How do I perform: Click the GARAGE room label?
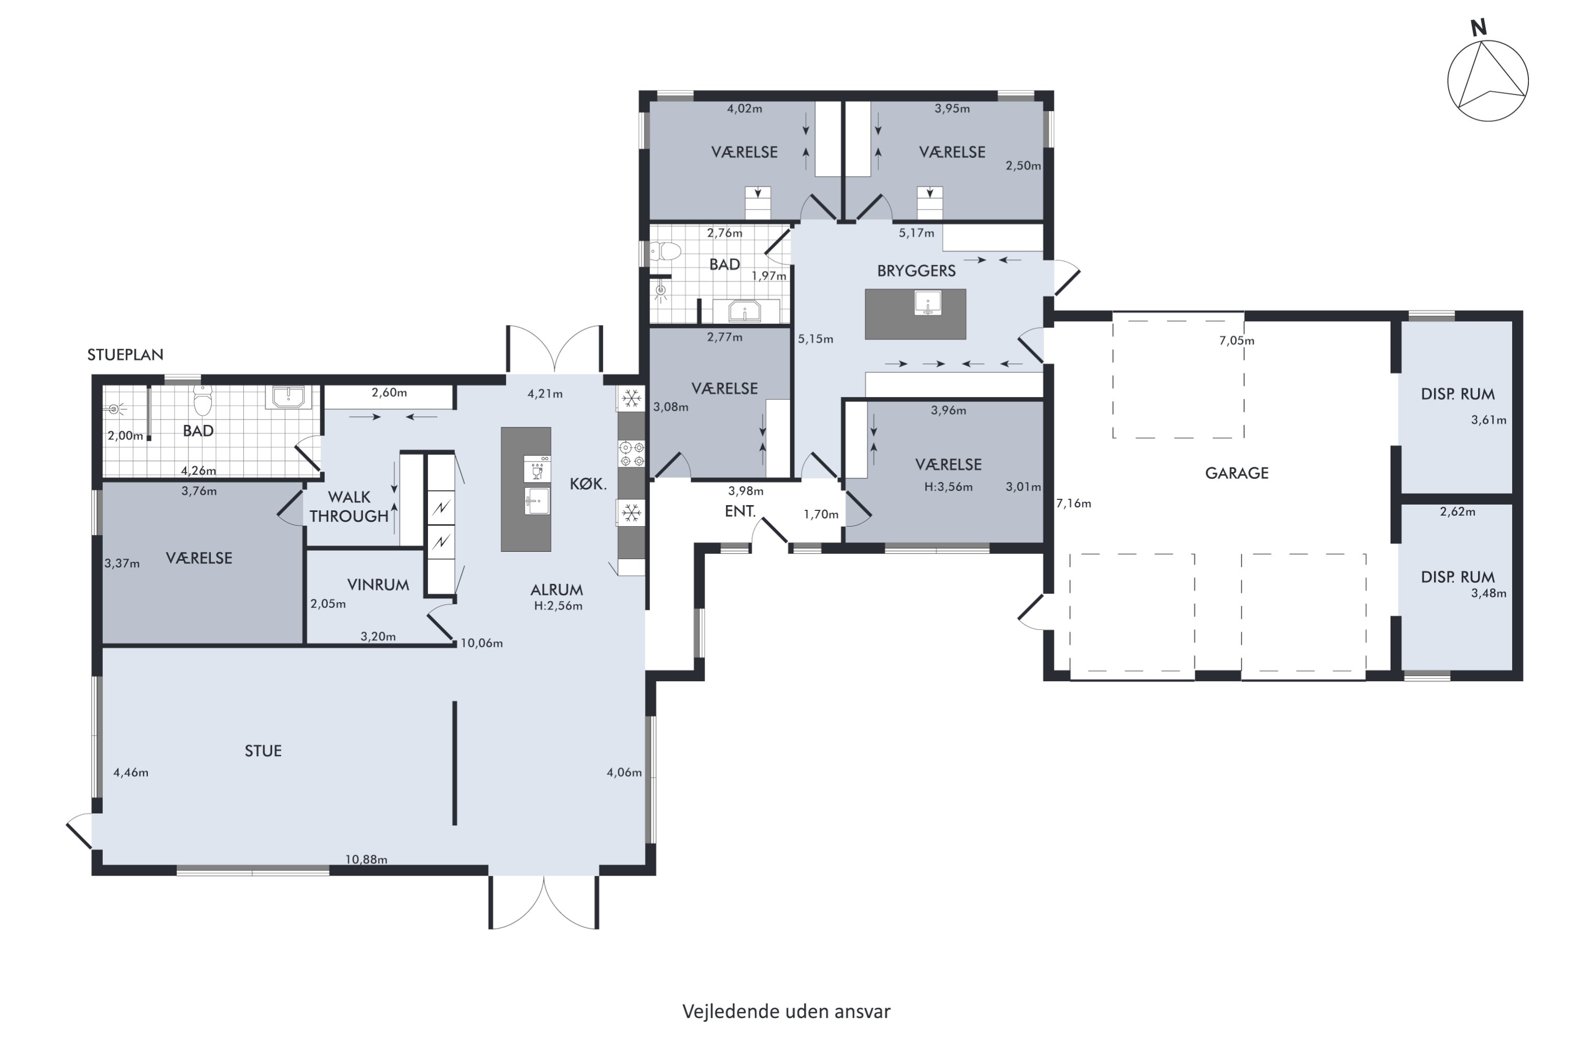pos(1236,473)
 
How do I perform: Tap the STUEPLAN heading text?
pos(125,355)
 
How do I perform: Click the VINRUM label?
pos(378,585)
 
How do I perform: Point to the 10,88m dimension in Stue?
pos(366,859)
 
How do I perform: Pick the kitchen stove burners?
pos(631,454)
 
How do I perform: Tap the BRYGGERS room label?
pos(916,271)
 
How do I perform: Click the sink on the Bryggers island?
pos(928,303)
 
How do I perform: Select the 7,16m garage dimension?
pos(1073,503)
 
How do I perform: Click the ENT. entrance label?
pos(740,512)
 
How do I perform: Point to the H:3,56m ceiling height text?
pos(949,487)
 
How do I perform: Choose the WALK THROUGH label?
pos(349,507)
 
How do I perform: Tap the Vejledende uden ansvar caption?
pos(786,1011)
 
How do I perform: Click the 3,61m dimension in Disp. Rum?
pos(1489,420)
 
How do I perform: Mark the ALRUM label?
pos(556,590)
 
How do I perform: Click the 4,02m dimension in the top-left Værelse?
pos(745,109)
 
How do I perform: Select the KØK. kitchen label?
pos(588,484)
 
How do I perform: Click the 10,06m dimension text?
pos(481,643)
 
